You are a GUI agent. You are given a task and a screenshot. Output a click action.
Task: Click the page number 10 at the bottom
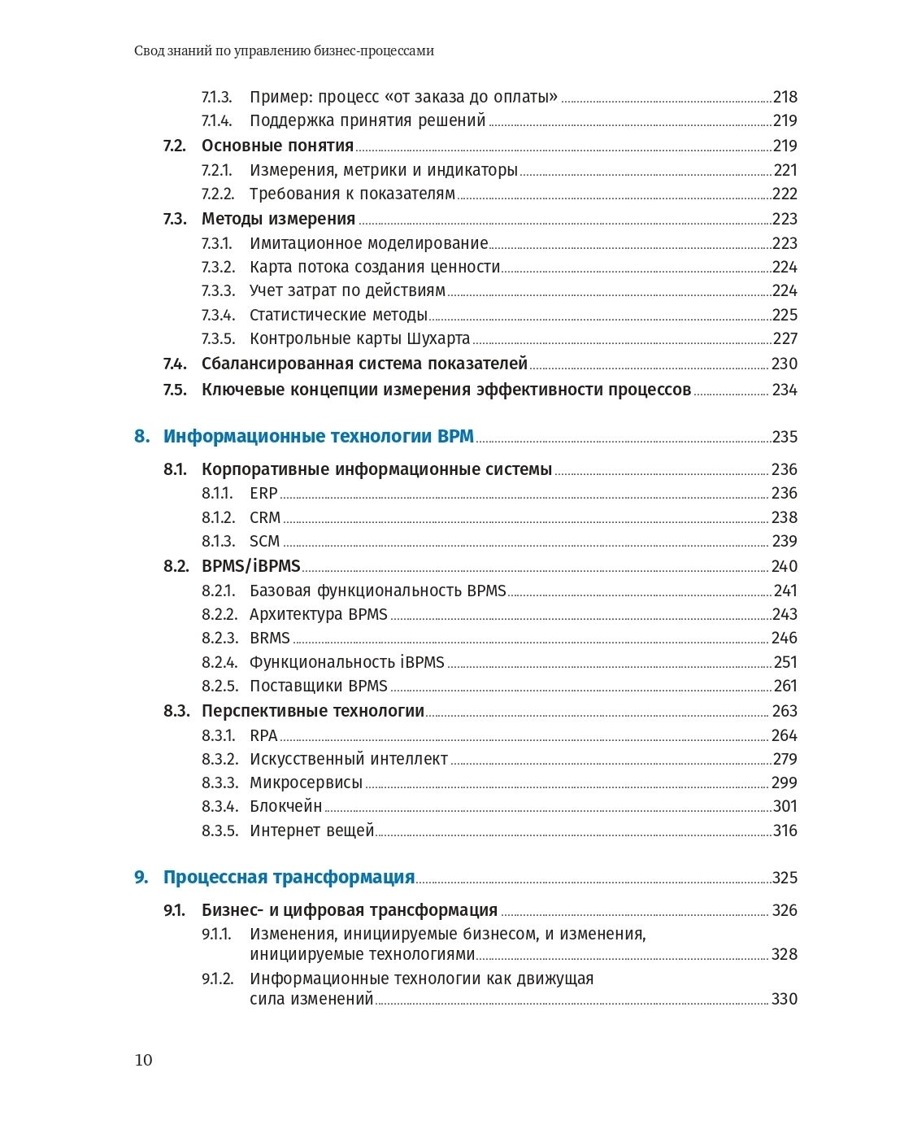[x=143, y=1060]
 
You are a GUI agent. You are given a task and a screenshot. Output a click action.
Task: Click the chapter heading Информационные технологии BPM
[x=318, y=437]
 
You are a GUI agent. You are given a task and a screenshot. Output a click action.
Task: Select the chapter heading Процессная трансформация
[x=289, y=878]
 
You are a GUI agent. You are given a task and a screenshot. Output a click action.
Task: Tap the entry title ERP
[x=263, y=494]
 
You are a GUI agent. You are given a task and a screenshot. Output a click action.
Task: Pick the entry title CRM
[x=265, y=518]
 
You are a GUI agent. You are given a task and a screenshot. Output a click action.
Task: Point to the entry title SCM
[x=264, y=542]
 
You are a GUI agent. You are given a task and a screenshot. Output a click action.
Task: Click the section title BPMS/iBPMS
[x=250, y=566]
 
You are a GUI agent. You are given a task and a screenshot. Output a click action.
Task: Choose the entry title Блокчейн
[x=285, y=807]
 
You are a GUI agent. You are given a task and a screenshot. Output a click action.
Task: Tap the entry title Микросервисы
[x=306, y=783]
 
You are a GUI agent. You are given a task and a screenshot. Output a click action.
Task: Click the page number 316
[x=785, y=831]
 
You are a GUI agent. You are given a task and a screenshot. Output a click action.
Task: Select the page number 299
[x=785, y=783]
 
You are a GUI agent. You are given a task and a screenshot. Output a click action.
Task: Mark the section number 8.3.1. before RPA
[x=218, y=736]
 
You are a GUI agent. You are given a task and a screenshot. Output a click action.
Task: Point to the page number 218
[x=785, y=98]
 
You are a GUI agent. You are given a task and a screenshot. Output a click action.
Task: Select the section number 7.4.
[x=175, y=364]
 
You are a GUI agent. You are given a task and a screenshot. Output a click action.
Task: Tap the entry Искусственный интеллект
[x=348, y=760]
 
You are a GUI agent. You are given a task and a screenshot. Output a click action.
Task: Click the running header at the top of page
[x=284, y=51]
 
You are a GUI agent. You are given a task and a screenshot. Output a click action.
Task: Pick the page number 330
[x=784, y=1000]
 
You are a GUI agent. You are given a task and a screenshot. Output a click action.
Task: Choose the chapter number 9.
[x=141, y=878]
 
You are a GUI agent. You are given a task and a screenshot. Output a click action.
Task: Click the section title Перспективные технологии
[x=312, y=712]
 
